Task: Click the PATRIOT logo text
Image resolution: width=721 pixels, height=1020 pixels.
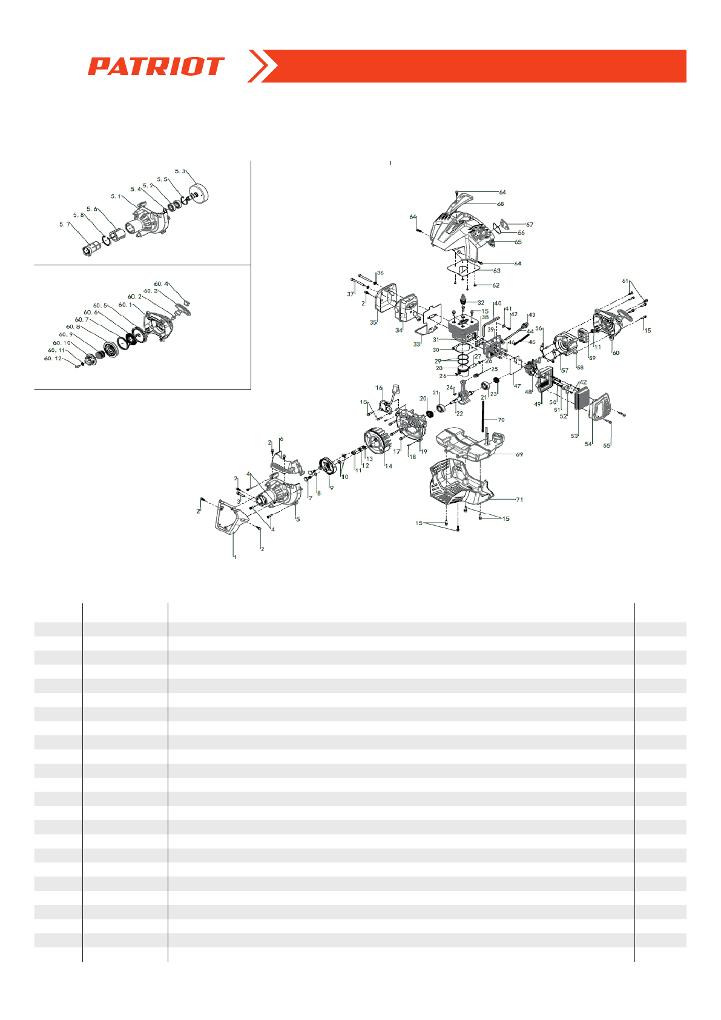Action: click(x=156, y=66)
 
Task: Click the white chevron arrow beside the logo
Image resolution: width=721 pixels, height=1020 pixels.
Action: click(x=262, y=66)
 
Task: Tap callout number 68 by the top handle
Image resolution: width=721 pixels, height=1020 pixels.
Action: click(x=500, y=204)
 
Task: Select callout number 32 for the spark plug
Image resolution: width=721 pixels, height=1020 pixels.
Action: click(x=481, y=303)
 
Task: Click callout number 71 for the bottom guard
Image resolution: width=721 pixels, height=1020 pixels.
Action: click(x=519, y=500)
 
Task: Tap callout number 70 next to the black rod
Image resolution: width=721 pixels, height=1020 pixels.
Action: click(x=501, y=420)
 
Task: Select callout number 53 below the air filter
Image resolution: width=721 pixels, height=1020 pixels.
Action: click(x=574, y=436)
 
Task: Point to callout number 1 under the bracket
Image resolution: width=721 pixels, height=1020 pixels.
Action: click(x=235, y=557)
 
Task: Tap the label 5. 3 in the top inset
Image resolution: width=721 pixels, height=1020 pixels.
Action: click(x=180, y=171)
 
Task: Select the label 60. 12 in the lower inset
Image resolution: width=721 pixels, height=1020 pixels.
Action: click(x=53, y=359)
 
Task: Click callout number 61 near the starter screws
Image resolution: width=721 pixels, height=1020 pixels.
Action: click(x=625, y=281)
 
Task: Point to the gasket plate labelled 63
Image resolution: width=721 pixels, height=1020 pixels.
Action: click(x=463, y=268)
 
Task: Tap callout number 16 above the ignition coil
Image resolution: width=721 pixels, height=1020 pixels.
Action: click(x=379, y=388)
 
